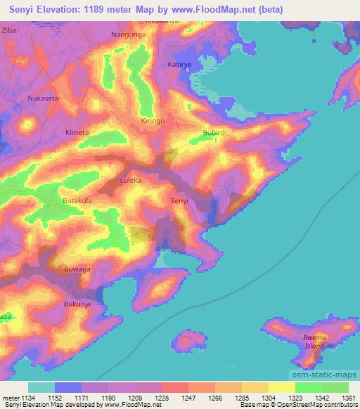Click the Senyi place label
tap(179, 202)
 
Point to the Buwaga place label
tap(78, 269)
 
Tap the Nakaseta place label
tap(43, 99)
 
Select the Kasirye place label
tap(180, 64)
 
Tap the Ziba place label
tap(9, 32)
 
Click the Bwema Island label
tap(314, 342)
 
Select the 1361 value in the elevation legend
tap(348, 398)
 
